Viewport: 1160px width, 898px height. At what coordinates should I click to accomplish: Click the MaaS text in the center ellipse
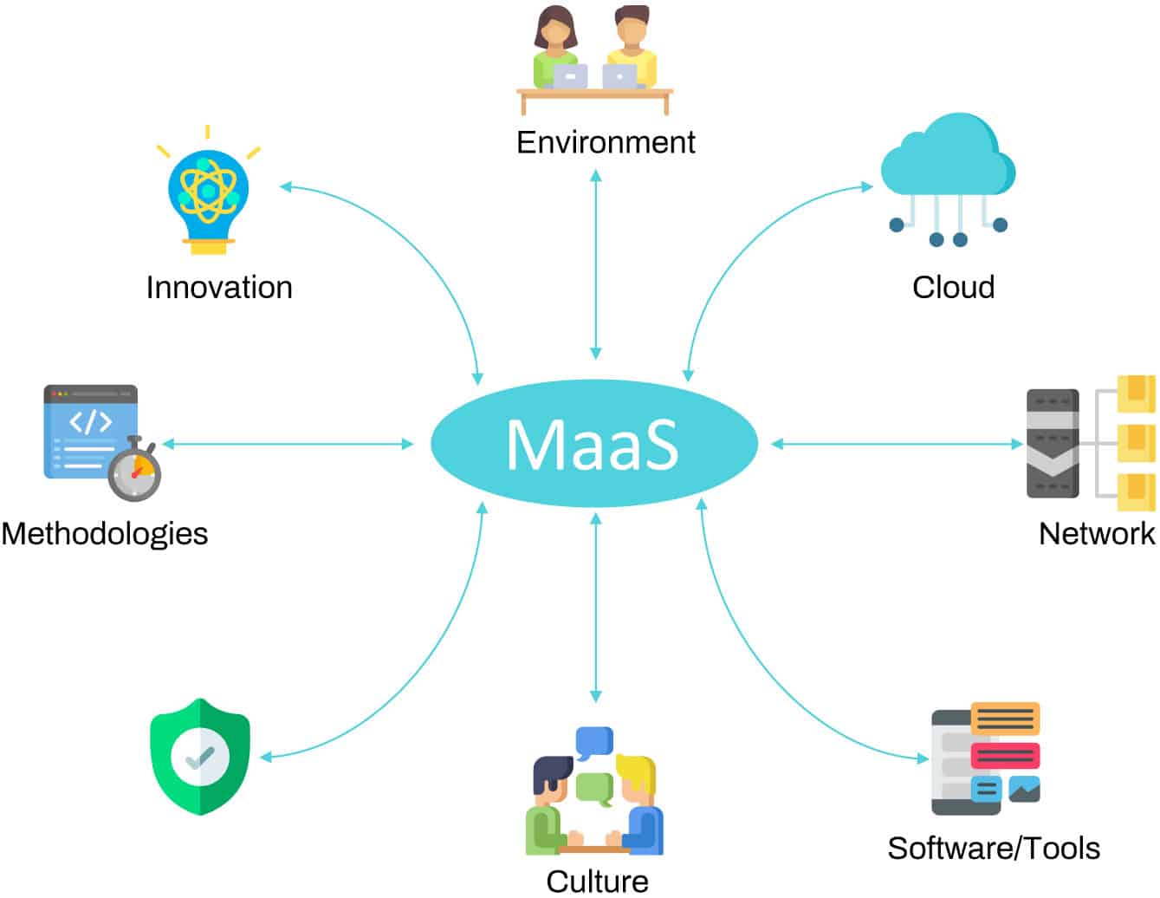pos(593,445)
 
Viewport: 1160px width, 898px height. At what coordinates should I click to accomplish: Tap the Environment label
pos(606,142)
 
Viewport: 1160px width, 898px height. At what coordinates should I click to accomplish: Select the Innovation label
pos(219,288)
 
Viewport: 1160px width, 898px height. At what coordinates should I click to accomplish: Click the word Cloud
pos(953,288)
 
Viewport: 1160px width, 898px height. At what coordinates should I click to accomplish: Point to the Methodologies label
pos(105,533)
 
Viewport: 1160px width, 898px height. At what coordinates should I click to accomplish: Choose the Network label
pos(1097,533)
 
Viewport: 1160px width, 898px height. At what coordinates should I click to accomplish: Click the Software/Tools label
pos(994,848)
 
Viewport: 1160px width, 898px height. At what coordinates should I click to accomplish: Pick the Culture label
pos(597,882)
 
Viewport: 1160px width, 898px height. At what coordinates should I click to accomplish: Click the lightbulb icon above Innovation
pos(208,195)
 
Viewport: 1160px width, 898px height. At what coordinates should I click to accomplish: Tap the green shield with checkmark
pos(200,757)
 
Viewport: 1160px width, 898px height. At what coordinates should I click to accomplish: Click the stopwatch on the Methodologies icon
pos(135,472)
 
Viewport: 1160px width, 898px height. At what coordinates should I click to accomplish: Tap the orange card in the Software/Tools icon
pos(1005,719)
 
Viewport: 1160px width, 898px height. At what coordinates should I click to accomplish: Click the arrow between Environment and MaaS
pos(595,264)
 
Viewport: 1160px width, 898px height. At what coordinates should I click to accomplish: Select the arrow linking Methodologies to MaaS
pos(288,445)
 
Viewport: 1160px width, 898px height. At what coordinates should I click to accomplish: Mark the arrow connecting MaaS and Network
pos(897,445)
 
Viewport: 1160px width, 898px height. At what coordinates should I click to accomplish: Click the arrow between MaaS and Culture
pos(595,607)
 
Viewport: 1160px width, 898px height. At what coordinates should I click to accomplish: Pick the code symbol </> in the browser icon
pos(90,422)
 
